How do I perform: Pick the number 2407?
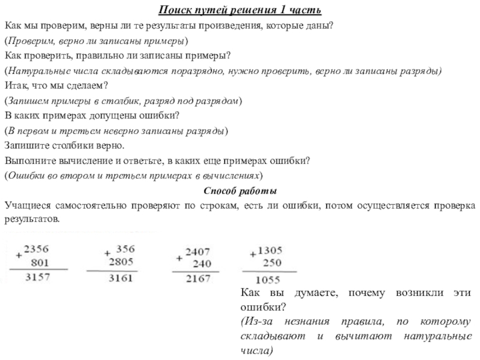[197, 251]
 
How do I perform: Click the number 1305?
[270, 249]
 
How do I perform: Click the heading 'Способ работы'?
[240, 191]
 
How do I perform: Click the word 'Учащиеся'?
[27, 206]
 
